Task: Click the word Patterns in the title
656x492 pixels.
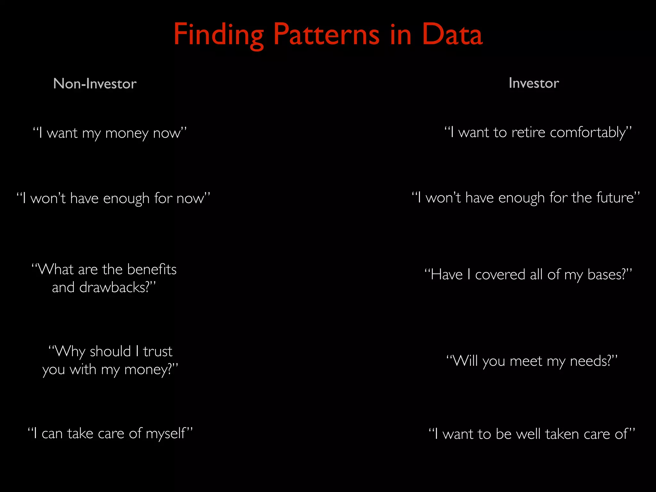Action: [326, 34]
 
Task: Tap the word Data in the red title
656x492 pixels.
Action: [452, 34]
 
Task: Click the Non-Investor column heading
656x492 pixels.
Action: [95, 84]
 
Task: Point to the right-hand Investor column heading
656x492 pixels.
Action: [534, 83]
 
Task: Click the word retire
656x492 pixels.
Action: [528, 132]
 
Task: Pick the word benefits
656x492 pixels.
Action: [152, 269]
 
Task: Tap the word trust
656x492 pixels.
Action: [158, 351]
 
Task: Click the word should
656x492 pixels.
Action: [110, 351]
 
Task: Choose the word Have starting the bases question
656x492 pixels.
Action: [447, 275]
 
